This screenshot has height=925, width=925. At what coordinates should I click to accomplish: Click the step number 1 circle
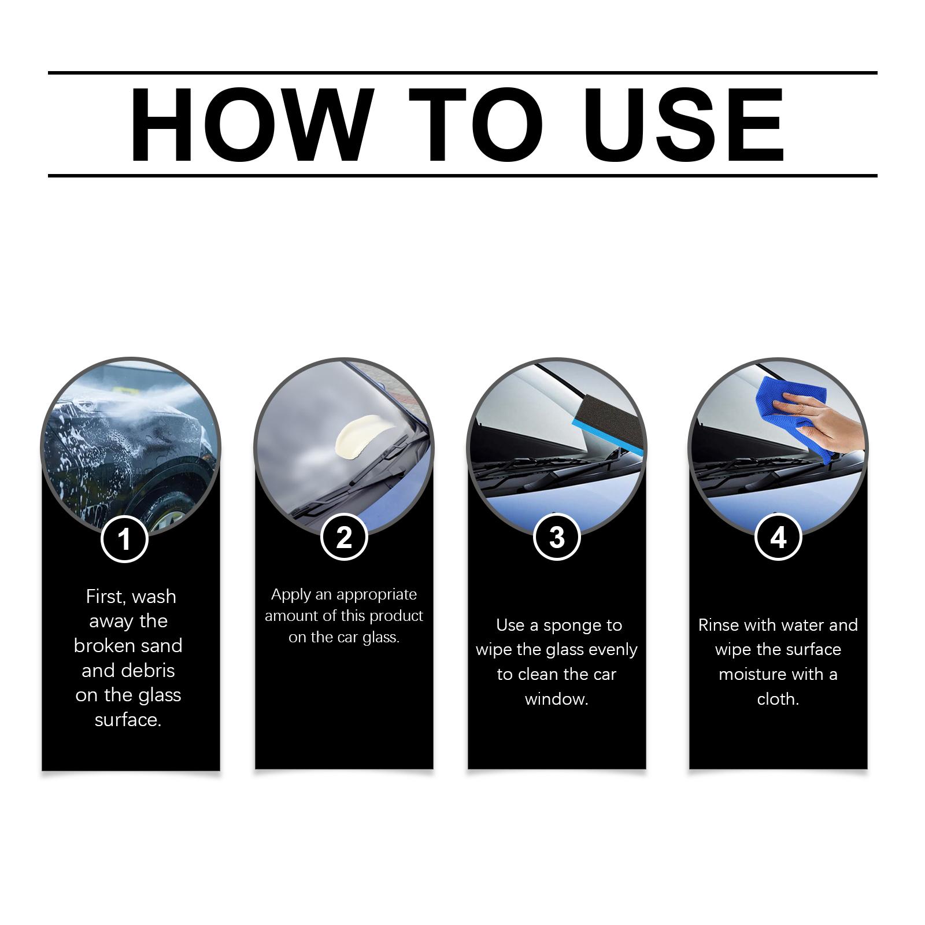(124, 539)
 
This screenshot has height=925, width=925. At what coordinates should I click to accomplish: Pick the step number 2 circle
(344, 538)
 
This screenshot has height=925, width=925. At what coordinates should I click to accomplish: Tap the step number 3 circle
(557, 538)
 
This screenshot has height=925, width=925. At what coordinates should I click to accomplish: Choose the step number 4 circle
(778, 538)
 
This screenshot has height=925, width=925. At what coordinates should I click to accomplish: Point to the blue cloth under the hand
(795, 413)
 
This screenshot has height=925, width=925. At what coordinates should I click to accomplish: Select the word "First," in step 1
(106, 597)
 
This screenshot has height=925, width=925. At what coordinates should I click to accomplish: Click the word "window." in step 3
(557, 699)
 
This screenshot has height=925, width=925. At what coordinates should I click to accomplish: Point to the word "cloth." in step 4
(778, 699)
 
